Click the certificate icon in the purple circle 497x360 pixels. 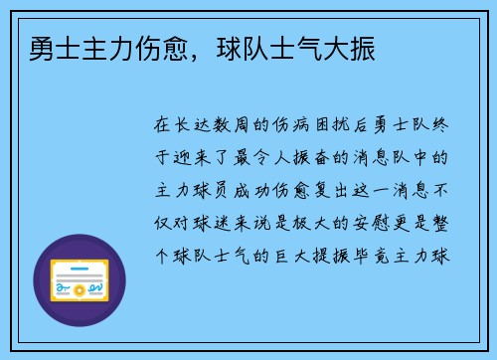[80, 280]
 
